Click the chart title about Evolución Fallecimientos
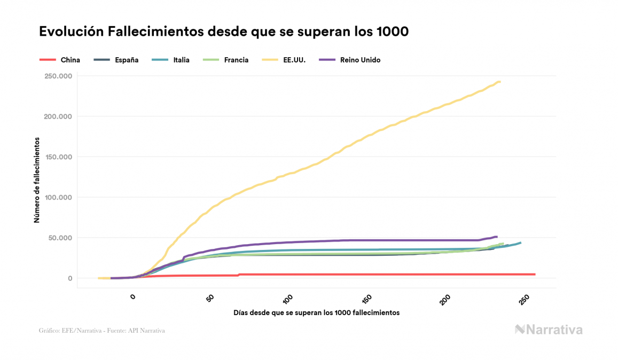coord(223,32)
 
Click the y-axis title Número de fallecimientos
coord(37,179)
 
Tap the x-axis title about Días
coord(316,312)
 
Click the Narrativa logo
coord(549,330)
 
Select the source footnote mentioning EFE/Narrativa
coord(101,331)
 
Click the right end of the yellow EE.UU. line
coord(499,82)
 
